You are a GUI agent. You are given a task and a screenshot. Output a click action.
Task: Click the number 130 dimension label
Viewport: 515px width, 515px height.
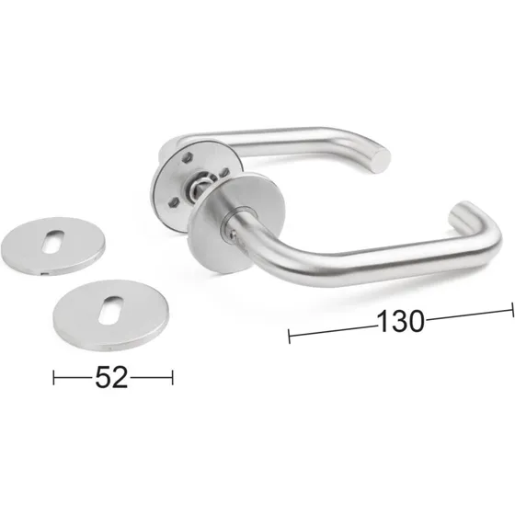401,322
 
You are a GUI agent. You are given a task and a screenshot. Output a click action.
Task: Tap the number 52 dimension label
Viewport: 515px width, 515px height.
111,377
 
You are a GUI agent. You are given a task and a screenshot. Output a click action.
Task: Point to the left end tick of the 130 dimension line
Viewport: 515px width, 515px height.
290,336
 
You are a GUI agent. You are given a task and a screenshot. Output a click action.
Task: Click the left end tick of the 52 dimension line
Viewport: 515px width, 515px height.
55,377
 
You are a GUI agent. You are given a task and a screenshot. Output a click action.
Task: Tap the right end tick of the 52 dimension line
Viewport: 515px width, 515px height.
172,377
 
